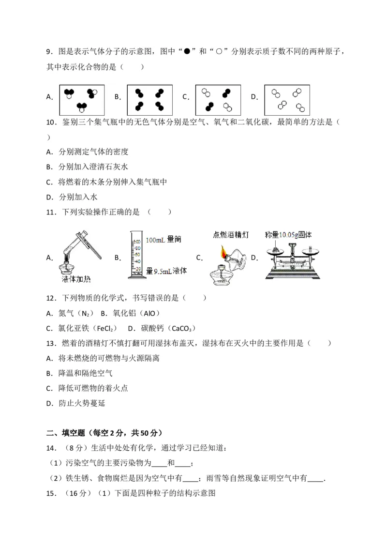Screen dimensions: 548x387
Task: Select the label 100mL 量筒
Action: pos(163,240)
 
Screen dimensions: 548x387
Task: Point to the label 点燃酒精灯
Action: pos(230,235)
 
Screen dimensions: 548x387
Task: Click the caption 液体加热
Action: pos(76,279)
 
